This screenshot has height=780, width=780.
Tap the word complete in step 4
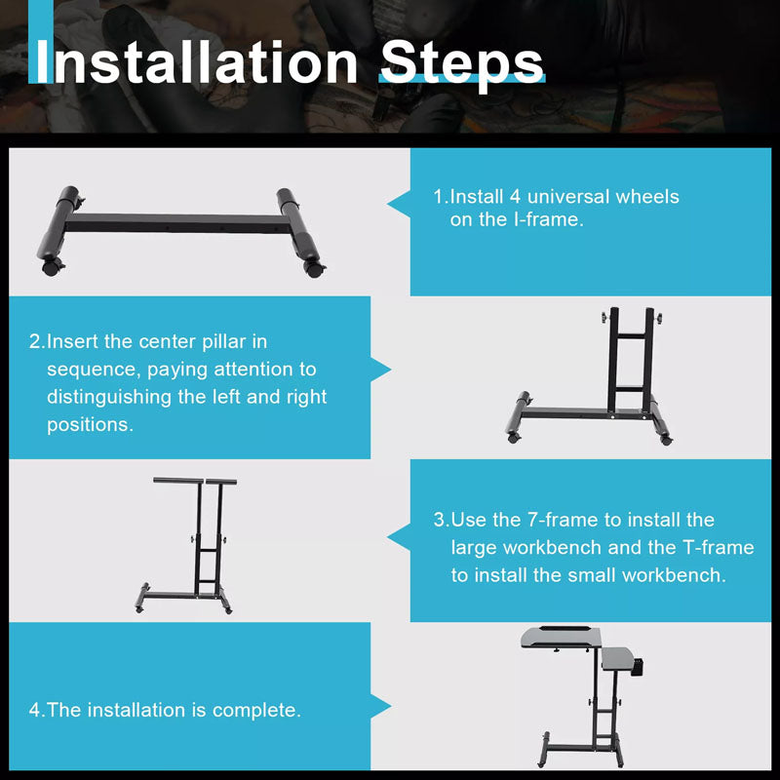[x=257, y=710]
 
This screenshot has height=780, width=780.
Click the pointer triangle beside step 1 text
[x=398, y=203]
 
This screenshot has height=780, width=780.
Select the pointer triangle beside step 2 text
[x=381, y=370]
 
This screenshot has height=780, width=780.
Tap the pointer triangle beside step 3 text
[x=398, y=536]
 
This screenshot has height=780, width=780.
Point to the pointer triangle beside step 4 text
[x=381, y=704]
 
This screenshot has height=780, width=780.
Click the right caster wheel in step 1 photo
[x=314, y=267]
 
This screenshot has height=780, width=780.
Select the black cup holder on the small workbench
[x=640, y=670]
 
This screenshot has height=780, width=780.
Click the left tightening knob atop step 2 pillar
[x=604, y=319]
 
